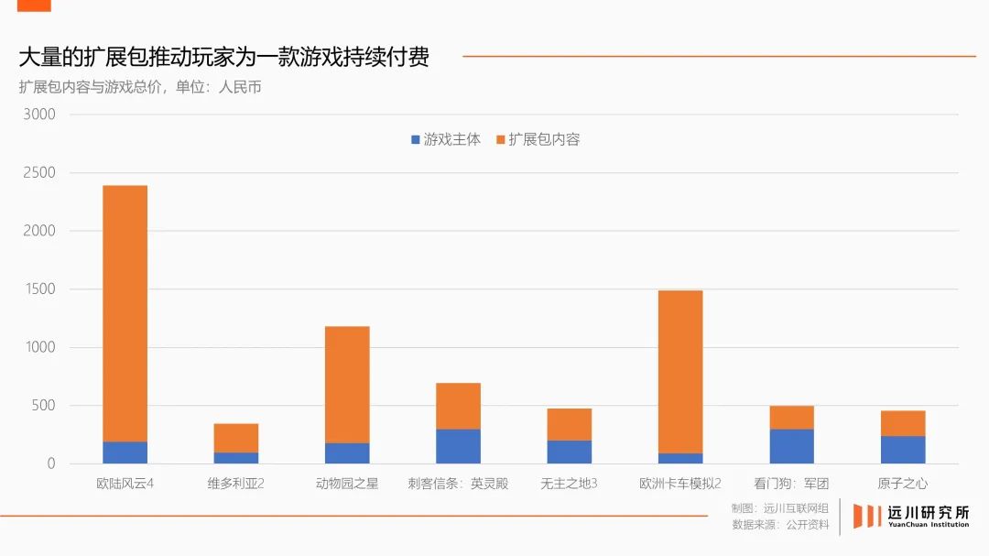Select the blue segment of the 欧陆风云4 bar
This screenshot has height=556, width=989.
125,452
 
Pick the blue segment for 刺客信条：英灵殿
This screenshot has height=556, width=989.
458,446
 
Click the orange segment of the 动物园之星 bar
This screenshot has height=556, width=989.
347,385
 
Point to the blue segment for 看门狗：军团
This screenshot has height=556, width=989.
791,446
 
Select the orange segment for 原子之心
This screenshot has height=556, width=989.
903,423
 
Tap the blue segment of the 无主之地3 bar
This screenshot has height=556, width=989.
569,452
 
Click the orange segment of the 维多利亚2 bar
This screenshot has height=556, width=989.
236,438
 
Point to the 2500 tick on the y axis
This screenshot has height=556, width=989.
39,173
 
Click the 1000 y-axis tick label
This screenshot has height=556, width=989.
39,347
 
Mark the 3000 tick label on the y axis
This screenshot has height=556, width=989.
39,114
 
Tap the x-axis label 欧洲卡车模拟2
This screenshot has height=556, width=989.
680,484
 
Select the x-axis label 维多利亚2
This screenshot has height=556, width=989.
236,484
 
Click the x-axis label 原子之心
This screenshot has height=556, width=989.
903,484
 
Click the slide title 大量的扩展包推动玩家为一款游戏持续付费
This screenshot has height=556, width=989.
223,57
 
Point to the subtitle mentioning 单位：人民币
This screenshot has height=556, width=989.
140,88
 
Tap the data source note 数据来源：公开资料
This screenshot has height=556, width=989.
780,525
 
